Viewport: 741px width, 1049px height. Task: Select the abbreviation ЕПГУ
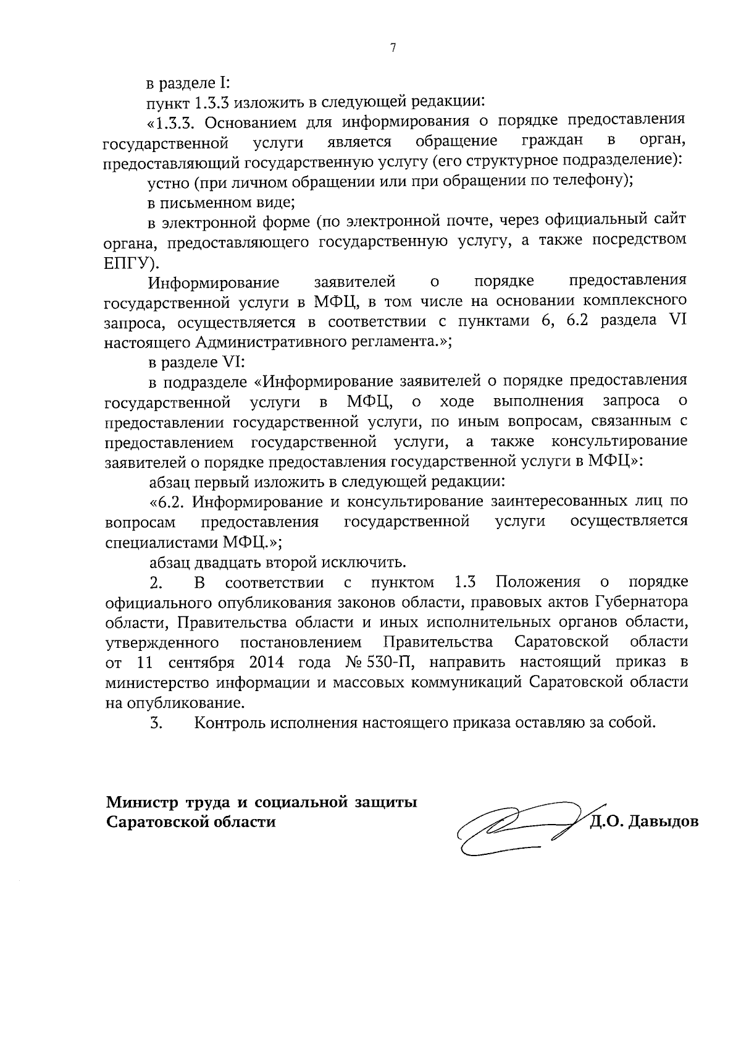coord(130,262)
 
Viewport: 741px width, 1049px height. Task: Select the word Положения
coord(538,582)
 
